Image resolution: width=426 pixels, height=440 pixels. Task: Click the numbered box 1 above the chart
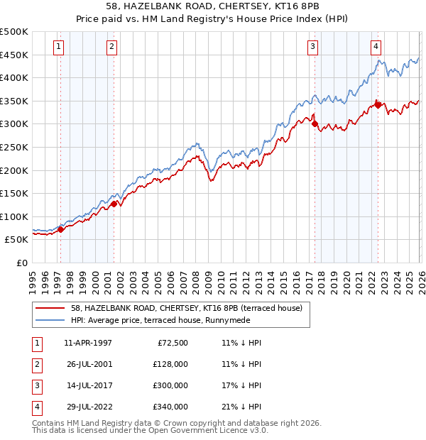coord(58,48)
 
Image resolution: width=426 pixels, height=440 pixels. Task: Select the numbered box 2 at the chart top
coord(112,48)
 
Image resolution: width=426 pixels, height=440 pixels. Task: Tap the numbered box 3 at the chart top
coord(312,48)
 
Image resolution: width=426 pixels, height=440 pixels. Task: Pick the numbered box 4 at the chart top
coord(376,48)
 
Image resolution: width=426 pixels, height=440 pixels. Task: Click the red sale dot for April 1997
coord(61,229)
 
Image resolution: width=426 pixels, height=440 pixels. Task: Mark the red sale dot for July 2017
coord(315,123)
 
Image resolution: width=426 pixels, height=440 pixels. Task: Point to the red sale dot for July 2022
coord(378,105)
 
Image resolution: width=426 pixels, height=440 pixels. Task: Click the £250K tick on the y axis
coord(14,147)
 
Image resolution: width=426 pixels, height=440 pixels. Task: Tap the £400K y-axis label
coord(14,77)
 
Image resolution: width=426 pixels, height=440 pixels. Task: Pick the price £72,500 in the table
coord(172,343)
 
